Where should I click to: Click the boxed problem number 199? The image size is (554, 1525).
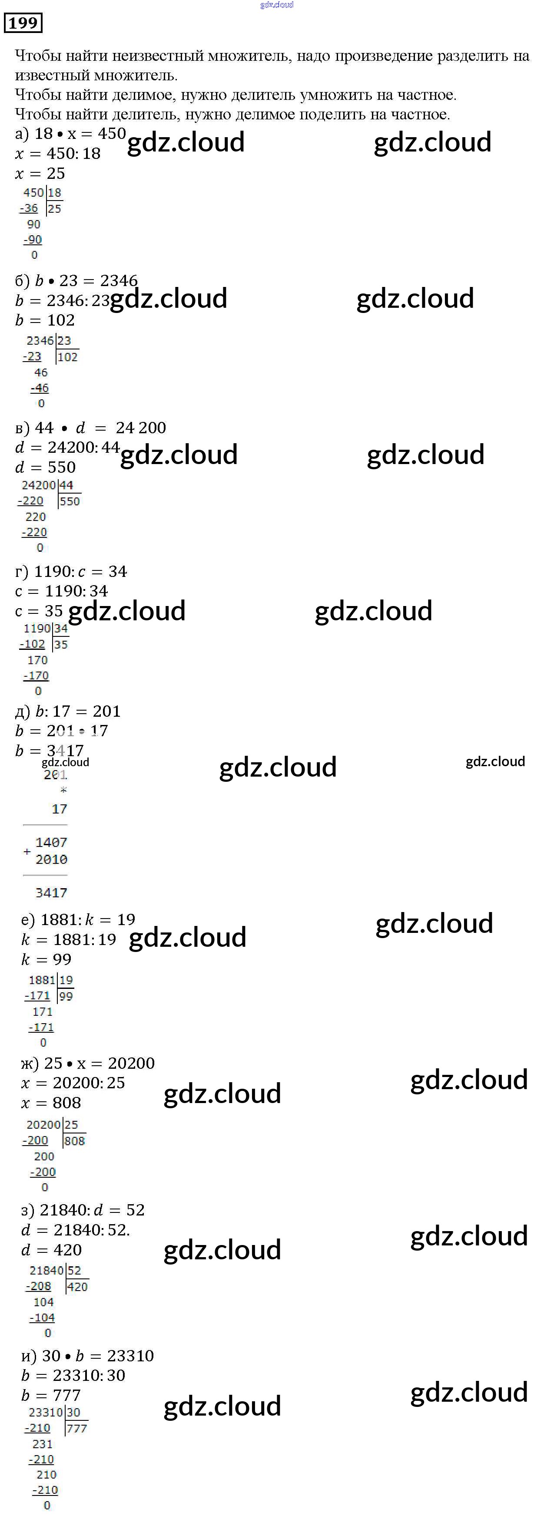(23, 23)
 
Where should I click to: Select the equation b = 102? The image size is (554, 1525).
(45, 320)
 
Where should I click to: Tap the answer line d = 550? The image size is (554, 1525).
(46, 467)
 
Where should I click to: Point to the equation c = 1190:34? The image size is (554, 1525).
(61, 591)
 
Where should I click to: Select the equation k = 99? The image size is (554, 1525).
(46, 959)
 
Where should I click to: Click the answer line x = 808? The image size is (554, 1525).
(51, 1102)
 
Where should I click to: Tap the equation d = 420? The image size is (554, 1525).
(52, 1249)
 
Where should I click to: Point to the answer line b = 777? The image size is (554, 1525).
(51, 1395)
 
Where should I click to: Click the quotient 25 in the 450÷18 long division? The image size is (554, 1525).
(54, 208)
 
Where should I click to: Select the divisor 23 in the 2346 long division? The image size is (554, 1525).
(64, 340)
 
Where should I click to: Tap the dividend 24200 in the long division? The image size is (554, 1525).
(39, 485)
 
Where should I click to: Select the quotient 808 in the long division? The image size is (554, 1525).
(75, 1140)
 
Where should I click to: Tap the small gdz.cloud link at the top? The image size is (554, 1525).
(277, 5)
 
